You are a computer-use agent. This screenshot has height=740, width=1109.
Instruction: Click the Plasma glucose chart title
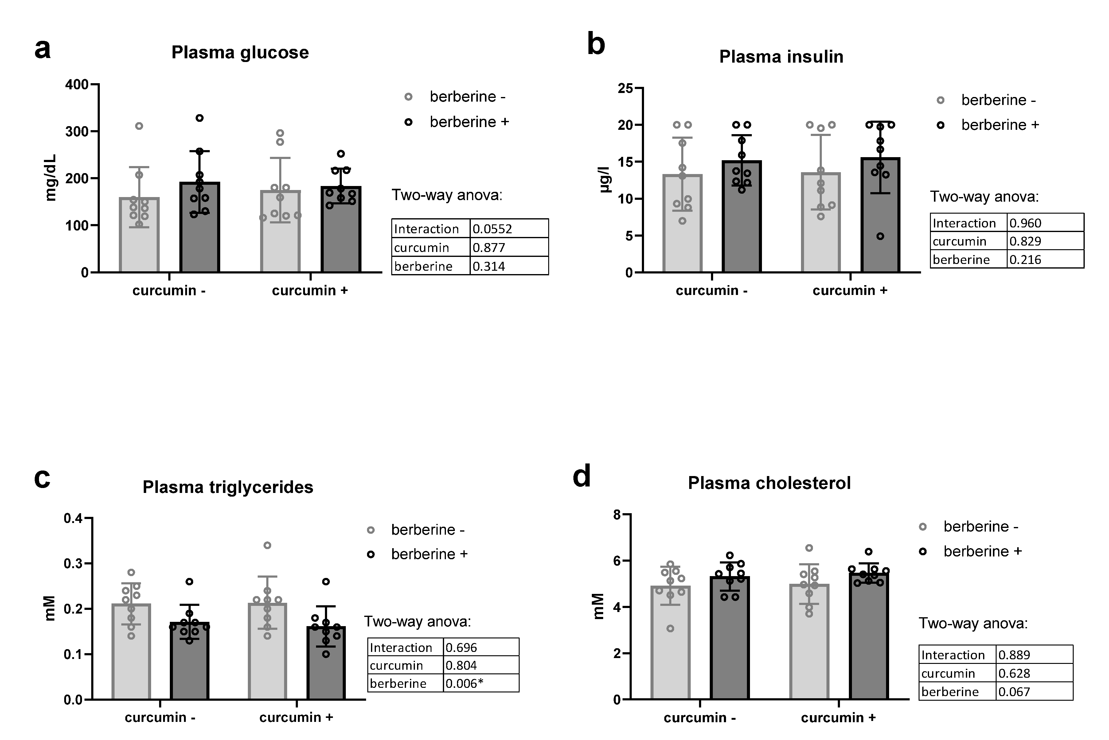(x=240, y=52)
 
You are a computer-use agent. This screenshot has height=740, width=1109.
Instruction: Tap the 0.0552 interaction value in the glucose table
(x=492, y=229)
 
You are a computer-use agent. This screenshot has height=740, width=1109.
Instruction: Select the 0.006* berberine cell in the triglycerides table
(x=464, y=683)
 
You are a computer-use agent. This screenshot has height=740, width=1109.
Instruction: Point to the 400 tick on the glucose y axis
(x=77, y=84)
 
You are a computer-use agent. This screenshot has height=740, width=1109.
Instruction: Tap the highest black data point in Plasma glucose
(x=200, y=118)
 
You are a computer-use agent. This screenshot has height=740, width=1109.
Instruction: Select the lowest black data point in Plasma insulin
(x=880, y=236)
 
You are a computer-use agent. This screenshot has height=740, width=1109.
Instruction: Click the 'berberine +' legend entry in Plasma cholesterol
(x=982, y=551)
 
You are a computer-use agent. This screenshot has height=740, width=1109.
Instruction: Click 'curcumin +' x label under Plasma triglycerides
(x=296, y=717)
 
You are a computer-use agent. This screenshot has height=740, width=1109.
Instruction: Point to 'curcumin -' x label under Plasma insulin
(x=712, y=291)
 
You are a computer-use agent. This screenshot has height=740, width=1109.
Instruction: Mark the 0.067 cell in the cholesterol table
(x=1013, y=692)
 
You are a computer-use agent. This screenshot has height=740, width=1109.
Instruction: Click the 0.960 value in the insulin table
(x=1025, y=223)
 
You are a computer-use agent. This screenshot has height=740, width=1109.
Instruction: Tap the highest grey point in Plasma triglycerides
(x=267, y=545)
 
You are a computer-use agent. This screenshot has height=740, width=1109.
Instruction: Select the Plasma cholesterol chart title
(x=769, y=483)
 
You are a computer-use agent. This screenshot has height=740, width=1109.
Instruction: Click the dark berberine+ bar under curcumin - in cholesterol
(x=730, y=637)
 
